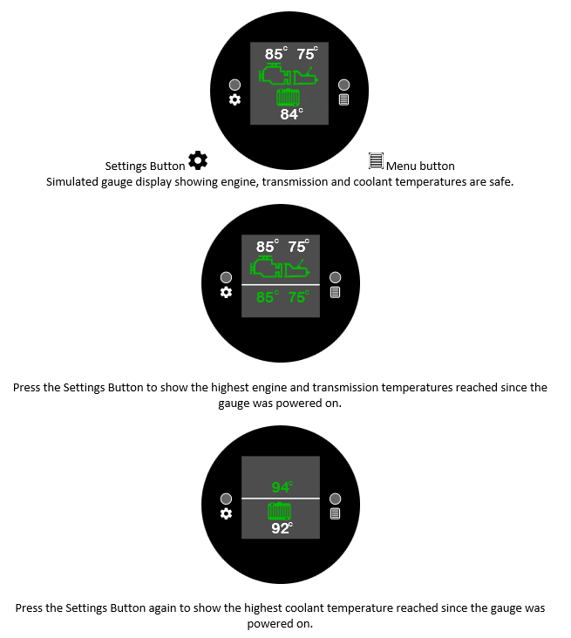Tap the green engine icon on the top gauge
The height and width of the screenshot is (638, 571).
(x=275, y=73)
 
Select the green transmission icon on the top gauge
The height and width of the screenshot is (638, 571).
(x=305, y=76)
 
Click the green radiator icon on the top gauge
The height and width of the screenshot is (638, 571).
(x=289, y=98)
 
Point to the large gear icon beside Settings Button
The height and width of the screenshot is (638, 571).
(x=198, y=159)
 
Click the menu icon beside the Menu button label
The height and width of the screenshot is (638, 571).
(x=376, y=160)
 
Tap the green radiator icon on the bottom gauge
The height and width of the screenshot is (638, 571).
(x=280, y=512)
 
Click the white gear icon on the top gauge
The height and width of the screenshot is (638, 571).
(x=235, y=99)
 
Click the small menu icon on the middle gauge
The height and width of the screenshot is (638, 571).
(x=335, y=292)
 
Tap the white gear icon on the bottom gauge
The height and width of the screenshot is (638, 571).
(x=226, y=514)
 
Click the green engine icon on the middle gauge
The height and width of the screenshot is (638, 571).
(x=267, y=267)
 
